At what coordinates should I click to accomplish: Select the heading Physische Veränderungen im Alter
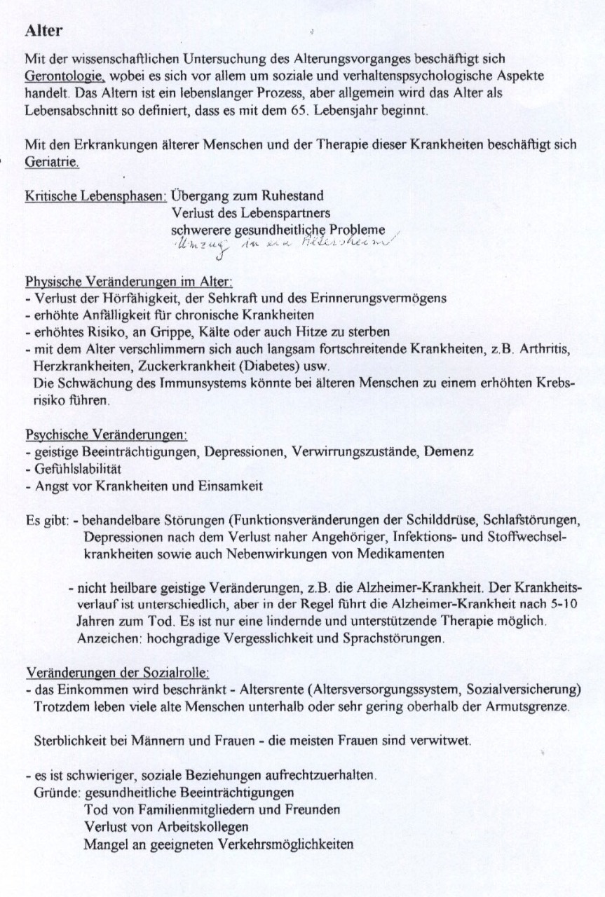128,282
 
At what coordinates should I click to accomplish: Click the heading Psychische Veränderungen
105,435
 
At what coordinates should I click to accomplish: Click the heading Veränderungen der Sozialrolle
116,673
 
